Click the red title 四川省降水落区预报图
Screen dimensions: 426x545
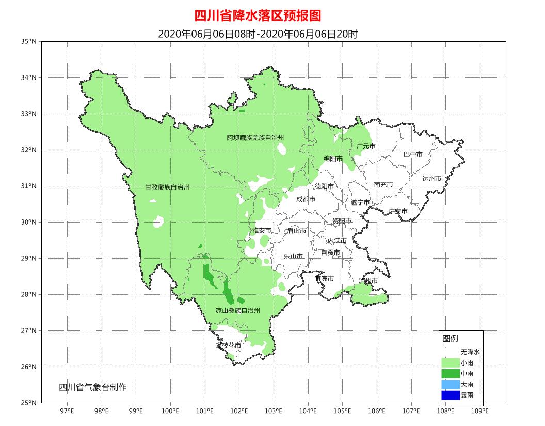click(x=258, y=16)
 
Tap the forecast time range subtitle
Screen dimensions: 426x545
click(x=258, y=34)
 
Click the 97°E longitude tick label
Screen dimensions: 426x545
click(x=67, y=411)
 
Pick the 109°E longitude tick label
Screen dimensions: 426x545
click(x=480, y=411)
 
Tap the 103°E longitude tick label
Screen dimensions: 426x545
click(x=274, y=411)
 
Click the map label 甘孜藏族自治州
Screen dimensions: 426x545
click(x=167, y=187)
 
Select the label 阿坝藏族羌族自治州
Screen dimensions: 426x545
click(x=255, y=138)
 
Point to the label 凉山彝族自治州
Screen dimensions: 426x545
click(x=237, y=310)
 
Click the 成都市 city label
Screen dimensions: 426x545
click(x=306, y=199)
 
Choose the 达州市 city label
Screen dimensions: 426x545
click(x=431, y=179)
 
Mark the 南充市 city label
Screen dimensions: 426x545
click(x=383, y=185)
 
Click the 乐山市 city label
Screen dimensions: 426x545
click(x=293, y=256)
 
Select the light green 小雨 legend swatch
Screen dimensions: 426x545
click(x=450, y=362)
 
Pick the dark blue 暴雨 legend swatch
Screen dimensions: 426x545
click(x=450, y=396)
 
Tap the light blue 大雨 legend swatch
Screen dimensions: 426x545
click(x=450, y=385)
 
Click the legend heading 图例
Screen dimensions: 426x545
click(x=450, y=339)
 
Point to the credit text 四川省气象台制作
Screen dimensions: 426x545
click(x=93, y=387)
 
